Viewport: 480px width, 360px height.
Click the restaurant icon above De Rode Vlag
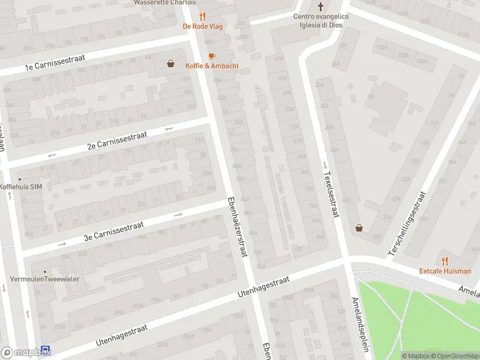point(203,17)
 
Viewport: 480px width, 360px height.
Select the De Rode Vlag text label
point(203,26)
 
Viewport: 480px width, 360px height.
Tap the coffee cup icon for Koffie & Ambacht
point(211,56)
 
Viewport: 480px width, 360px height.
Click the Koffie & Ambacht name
point(211,65)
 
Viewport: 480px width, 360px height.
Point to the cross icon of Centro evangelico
point(321,7)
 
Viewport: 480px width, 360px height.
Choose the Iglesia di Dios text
point(321,25)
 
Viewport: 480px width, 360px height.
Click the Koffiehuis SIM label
point(20,187)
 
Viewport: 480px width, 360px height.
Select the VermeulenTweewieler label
point(45,280)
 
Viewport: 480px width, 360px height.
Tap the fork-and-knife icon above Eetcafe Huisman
point(445,261)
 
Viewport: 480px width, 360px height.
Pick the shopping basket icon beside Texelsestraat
point(359,228)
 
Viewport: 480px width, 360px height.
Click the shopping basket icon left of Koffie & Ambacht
point(171,63)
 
